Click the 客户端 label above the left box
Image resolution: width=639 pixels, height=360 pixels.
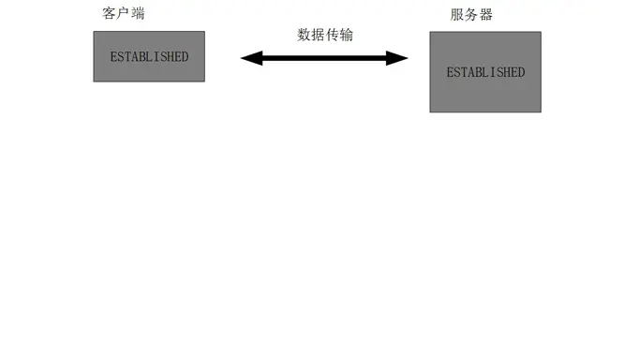124,14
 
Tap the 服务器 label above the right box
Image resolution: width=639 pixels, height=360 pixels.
471,15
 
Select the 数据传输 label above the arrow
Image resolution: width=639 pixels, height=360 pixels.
325,35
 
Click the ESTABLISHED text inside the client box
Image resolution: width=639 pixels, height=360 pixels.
149,57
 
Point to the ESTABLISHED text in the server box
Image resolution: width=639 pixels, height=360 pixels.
485,72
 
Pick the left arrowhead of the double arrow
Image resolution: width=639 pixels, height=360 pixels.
248,58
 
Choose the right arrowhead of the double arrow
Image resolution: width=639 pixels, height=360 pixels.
401,58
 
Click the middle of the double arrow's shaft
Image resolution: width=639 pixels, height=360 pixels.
324,58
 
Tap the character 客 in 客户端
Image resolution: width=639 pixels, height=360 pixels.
110,14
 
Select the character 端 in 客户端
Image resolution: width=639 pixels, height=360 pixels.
138,14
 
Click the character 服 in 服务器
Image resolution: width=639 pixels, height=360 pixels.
457,15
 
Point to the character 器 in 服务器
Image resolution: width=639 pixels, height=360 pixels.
485,15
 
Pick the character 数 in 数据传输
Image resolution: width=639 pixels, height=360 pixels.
305,35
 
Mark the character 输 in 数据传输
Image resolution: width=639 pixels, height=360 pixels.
347,35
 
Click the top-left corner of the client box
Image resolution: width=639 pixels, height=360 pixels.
94,33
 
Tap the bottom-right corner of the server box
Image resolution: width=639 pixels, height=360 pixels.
541,112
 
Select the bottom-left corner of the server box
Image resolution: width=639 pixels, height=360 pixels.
430,112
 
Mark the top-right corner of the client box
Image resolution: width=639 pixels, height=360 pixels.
204,33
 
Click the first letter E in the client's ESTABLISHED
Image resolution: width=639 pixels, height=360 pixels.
113,57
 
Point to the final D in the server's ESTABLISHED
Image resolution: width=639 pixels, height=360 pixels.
521,72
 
